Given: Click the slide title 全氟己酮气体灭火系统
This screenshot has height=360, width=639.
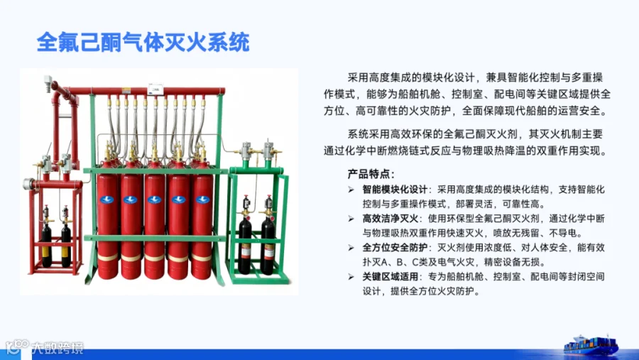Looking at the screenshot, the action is pos(143,43).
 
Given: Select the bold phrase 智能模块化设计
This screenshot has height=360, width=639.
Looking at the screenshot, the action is pos(395,190).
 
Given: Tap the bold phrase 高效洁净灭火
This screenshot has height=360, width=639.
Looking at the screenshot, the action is pos(390,219).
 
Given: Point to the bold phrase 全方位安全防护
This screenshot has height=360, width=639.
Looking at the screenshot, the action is pos(395,248).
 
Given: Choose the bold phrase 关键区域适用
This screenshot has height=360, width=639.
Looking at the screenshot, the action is pos(390,276).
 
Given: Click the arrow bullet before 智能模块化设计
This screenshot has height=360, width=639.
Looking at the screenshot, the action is pos(351,190).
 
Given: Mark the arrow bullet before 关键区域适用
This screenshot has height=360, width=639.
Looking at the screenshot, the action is pos(351,277).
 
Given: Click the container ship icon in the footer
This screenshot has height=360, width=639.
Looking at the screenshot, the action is pos(591,346).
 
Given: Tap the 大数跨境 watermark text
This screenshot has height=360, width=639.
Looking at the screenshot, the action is pos(58,348).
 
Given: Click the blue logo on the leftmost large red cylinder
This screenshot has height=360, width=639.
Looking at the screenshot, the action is pos(106,200).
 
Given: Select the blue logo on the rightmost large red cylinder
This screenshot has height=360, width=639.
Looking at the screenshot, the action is pos(202,200).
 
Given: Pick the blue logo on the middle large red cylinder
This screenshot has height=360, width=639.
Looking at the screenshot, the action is pos(155,200).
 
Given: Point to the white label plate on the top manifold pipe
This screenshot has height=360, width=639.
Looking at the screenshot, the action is pos(155,89).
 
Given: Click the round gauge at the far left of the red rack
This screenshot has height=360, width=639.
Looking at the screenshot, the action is pos(29,185).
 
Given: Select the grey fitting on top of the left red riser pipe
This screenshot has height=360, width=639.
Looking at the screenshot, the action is pos(48,81).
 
